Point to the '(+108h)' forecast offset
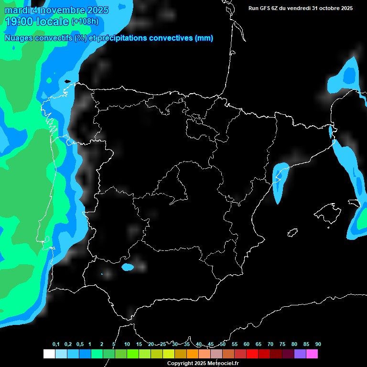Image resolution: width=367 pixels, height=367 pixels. [x=85, y=22]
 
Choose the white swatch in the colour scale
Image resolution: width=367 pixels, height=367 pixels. [x=49, y=354]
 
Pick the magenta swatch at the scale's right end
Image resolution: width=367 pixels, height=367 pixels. [x=312, y=354]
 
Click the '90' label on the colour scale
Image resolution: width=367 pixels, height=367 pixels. [x=318, y=345]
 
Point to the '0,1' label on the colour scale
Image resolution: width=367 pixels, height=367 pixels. [x=56, y=345]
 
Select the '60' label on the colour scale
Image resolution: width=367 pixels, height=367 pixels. [x=246, y=345]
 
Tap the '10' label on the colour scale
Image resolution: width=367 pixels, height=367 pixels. [x=127, y=345]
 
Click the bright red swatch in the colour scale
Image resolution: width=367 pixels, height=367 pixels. [x=252, y=354]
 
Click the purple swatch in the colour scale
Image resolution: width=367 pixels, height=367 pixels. [x=300, y=354]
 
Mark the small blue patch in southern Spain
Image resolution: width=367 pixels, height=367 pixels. [x=127, y=267]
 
